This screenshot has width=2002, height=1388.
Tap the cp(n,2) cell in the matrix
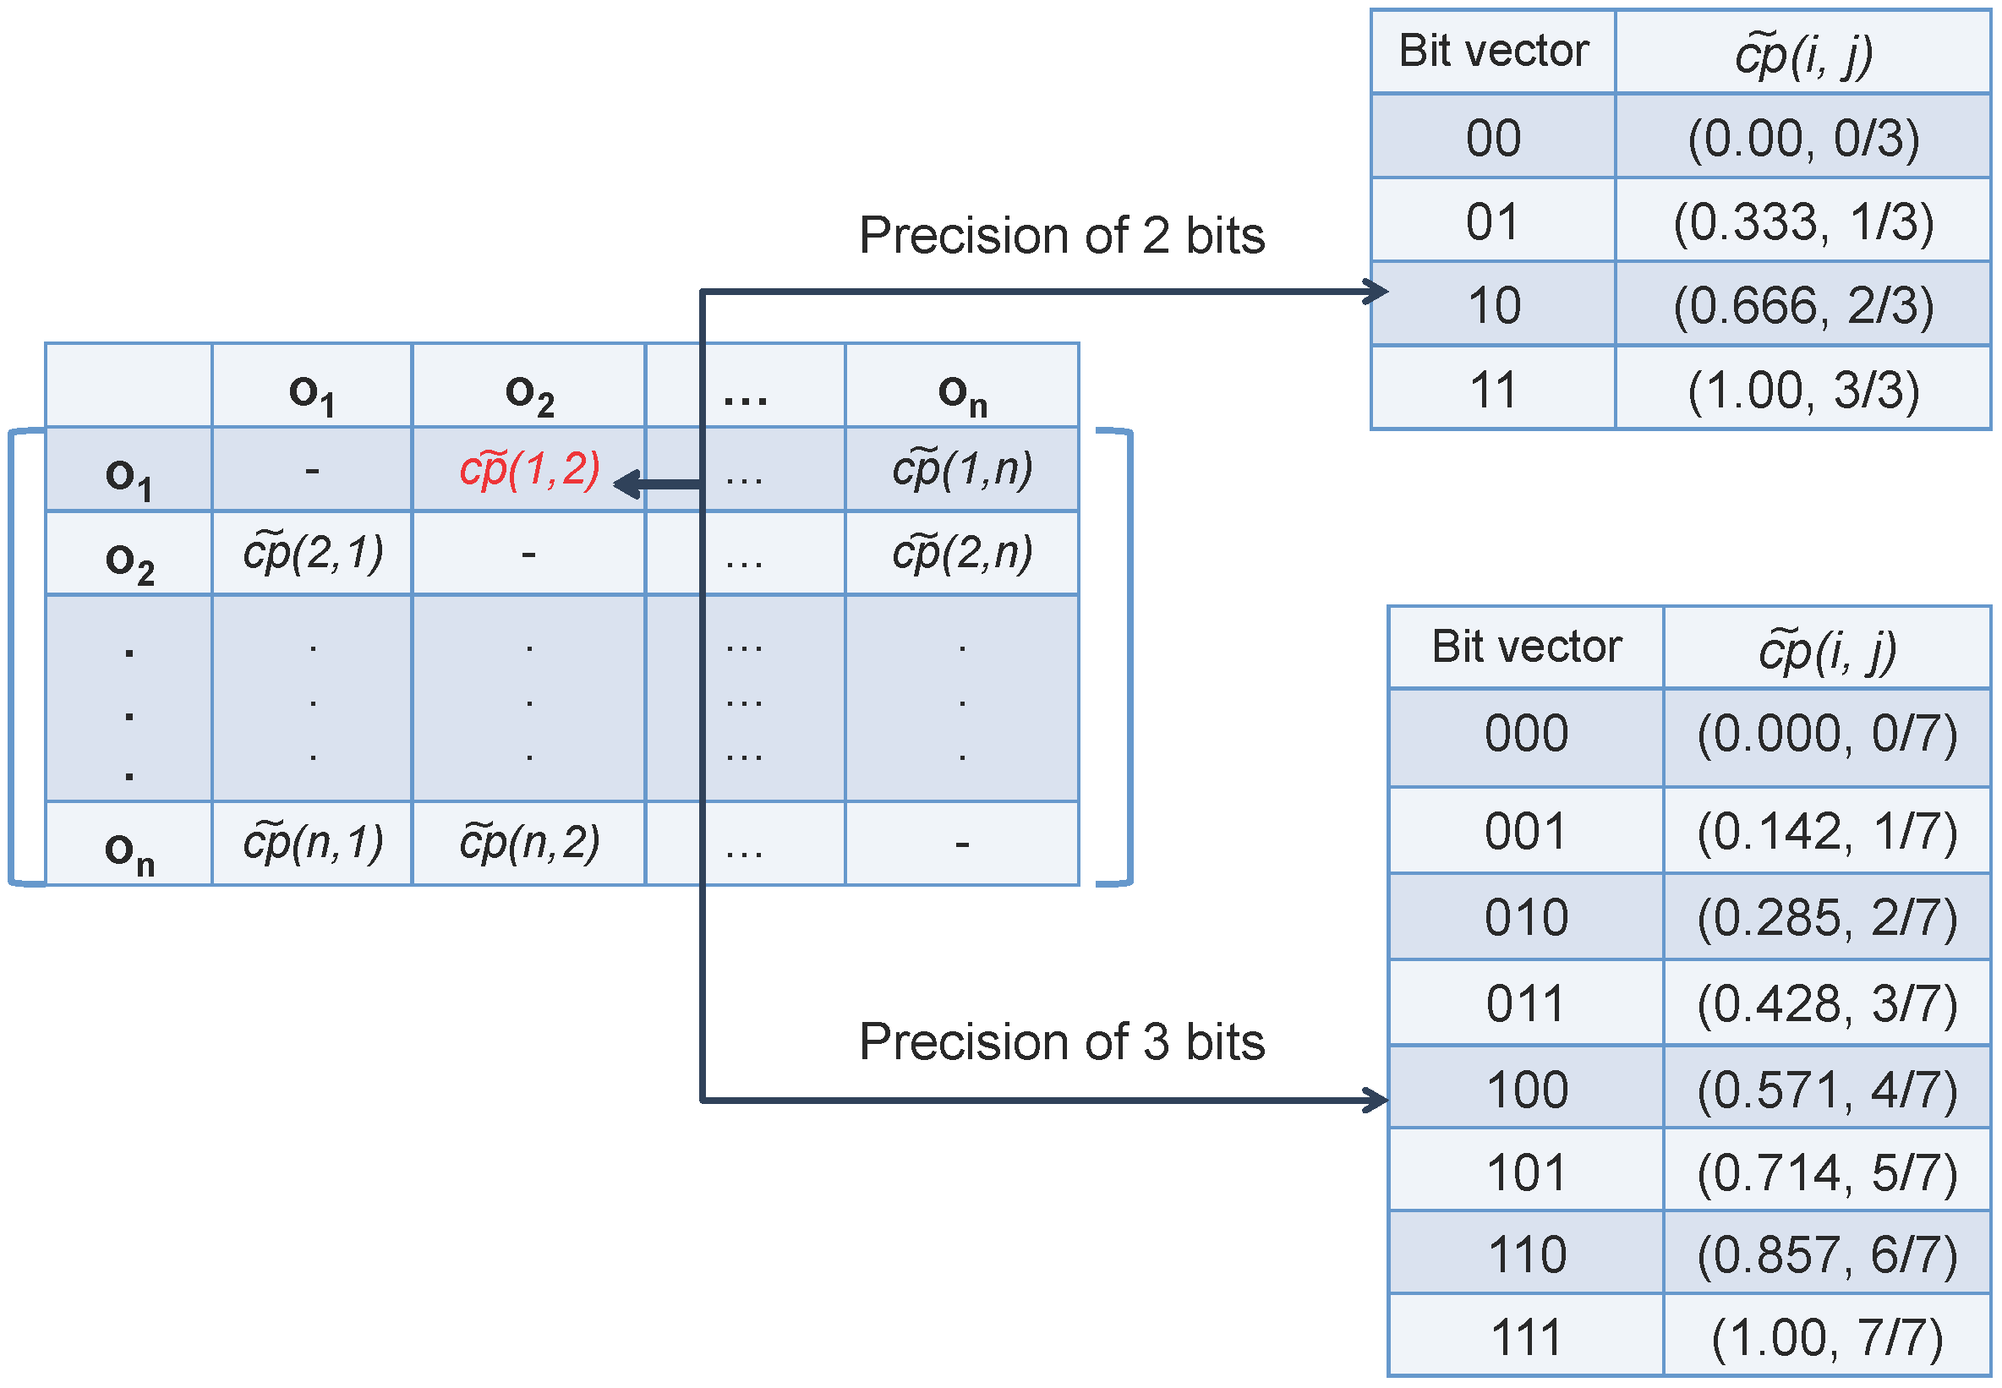(x=528, y=843)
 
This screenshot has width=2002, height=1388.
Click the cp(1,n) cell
(x=962, y=470)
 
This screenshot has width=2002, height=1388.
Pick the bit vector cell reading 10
(x=1493, y=305)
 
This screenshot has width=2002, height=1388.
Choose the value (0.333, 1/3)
(x=1802, y=221)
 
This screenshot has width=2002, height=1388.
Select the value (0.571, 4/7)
(x=1827, y=1090)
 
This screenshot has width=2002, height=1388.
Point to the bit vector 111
(x=1526, y=1336)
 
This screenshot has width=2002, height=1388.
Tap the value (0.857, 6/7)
(x=1827, y=1254)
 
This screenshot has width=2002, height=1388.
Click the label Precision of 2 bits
(x=1061, y=236)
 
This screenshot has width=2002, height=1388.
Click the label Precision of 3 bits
(x=1061, y=1041)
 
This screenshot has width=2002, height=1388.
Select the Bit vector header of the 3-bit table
(x=1526, y=647)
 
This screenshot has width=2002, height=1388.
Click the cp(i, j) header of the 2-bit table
(x=1802, y=54)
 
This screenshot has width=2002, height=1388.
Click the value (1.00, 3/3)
(x=1802, y=390)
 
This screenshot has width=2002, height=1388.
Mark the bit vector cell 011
(x=1526, y=1003)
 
